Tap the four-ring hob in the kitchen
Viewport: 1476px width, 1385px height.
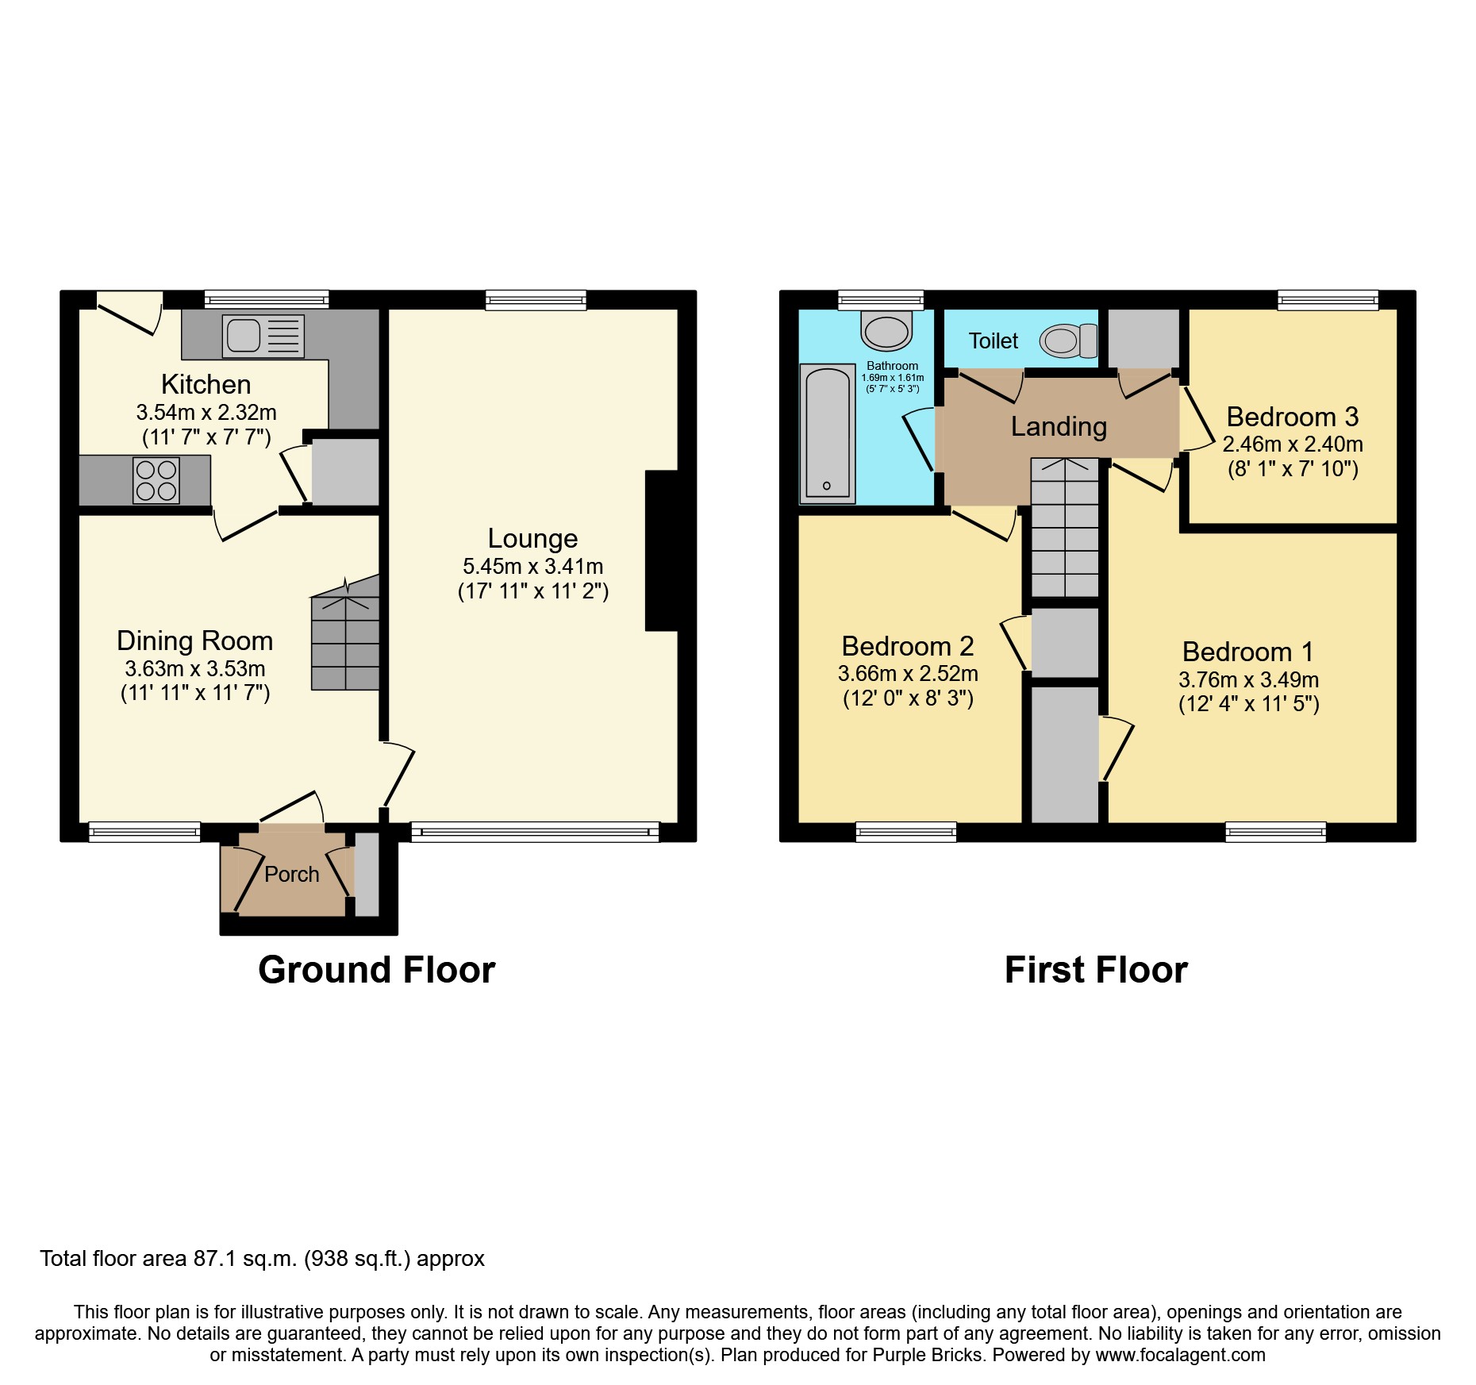(156, 480)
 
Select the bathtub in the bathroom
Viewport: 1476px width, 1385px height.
(827, 433)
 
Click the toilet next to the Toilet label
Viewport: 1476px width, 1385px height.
(1068, 341)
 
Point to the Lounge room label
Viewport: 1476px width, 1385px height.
(532, 539)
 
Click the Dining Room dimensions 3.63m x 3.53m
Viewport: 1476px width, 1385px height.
(195, 669)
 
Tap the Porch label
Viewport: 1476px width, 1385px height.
(291, 875)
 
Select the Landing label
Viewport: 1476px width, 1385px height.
(1059, 427)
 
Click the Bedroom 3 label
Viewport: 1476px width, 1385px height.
(1292, 417)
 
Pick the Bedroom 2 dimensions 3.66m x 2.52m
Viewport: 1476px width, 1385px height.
(908, 674)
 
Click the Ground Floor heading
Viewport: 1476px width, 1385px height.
(376, 970)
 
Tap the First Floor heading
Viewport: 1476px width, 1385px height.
(1096, 970)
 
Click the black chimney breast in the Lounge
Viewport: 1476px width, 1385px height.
(663, 551)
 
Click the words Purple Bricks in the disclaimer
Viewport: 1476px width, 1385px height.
(928, 1355)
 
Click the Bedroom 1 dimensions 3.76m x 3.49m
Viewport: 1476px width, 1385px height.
(1248, 680)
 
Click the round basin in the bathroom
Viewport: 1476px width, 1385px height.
(886, 332)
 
